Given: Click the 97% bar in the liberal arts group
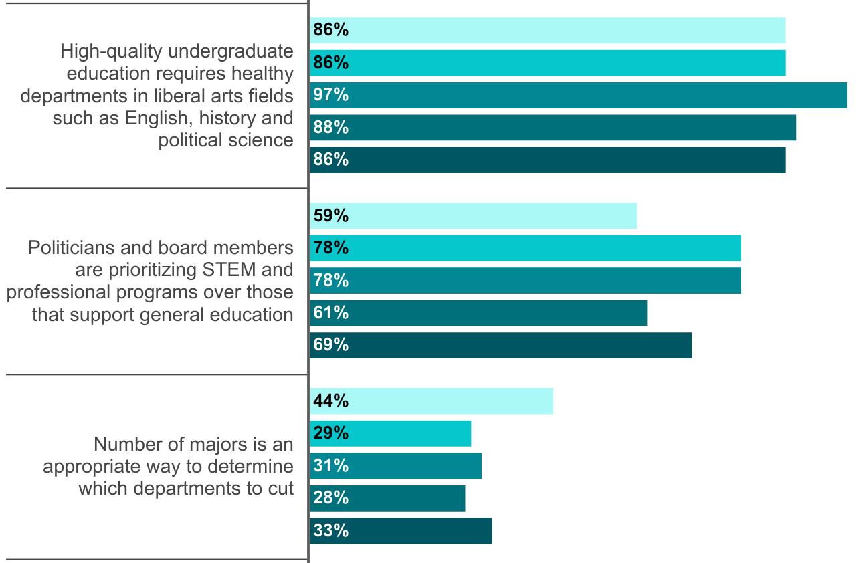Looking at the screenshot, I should (579, 95).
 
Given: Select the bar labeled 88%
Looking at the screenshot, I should (553, 127).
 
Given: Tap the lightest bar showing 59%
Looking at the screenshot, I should (474, 216).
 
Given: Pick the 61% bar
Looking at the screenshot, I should (479, 313).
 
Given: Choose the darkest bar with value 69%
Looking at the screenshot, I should (501, 345).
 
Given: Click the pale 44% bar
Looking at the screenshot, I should (432, 401).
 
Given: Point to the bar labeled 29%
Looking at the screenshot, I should (391, 433).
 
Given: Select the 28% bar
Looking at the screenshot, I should (388, 498).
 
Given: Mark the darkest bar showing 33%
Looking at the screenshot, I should (401, 531).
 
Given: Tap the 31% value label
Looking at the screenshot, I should (331, 465).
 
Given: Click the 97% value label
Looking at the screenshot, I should (331, 95).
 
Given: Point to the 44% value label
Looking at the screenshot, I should (331, 401).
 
